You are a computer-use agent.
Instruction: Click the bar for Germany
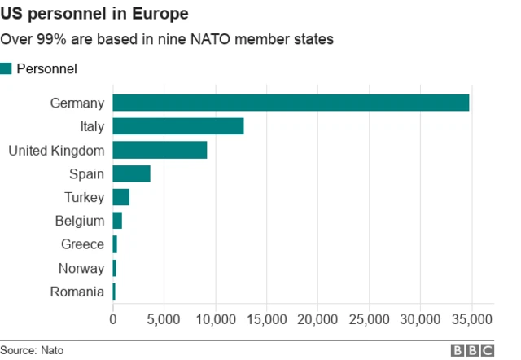coord(291,103)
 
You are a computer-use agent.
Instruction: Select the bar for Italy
coord(178,126)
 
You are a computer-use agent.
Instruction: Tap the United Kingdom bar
coord(160,150)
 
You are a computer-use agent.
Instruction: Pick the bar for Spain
coord(131,173)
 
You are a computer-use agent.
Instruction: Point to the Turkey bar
coord(120,197)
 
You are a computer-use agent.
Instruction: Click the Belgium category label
coord(80,221)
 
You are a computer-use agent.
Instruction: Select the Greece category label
coord(82,244)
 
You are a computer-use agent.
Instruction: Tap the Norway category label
coord(81,268)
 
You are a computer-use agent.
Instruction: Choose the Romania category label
coord(77,292)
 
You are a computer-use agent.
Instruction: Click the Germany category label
coord(77,103)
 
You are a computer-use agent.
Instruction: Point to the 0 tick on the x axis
coord(113,318)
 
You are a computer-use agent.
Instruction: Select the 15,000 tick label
coord(266,318)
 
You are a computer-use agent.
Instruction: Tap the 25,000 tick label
coord(370,318)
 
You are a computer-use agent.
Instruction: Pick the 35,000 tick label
coord(472,318)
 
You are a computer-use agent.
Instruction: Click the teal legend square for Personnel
coord(7,69)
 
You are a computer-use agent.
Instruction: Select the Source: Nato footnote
coord(32,350)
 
